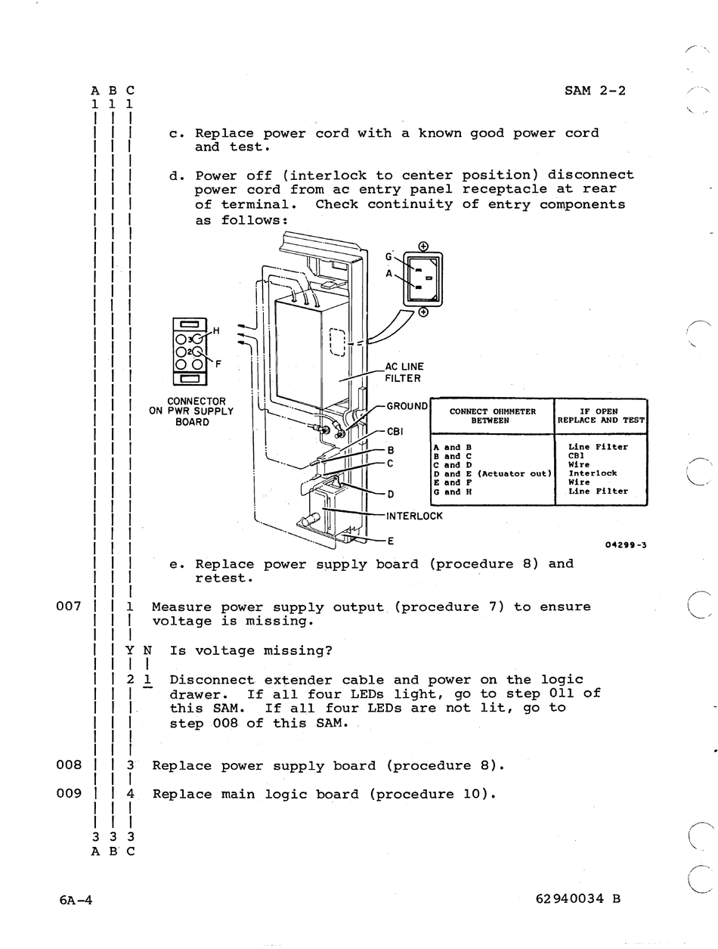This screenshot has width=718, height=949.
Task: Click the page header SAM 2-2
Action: point(595,91)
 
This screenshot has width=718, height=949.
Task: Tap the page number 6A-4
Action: point(76,899)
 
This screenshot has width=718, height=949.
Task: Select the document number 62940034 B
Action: point(577,899)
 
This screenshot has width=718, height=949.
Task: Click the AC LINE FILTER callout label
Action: point(404,373)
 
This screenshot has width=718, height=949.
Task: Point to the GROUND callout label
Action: point(407,406)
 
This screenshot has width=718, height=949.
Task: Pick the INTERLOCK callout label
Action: point(413,516)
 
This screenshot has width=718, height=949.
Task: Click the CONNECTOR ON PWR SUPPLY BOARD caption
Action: point(191,411)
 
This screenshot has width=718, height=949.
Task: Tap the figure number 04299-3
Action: point(626,545)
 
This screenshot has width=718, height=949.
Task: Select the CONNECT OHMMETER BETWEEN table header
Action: point(492,416)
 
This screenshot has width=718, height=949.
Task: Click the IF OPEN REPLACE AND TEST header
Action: point(601,416)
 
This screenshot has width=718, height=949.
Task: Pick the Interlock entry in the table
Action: point(593,473)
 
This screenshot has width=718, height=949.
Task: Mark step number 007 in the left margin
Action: point(69,606)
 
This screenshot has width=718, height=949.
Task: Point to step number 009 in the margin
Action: point(69,793)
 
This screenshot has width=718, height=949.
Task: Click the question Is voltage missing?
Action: point(251,650)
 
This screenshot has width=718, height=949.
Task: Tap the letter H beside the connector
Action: point(216,330)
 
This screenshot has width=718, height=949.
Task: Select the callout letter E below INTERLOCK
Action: point(391,541)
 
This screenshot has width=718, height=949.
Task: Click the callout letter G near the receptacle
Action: point(388,256)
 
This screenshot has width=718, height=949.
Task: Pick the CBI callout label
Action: point(395,432)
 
